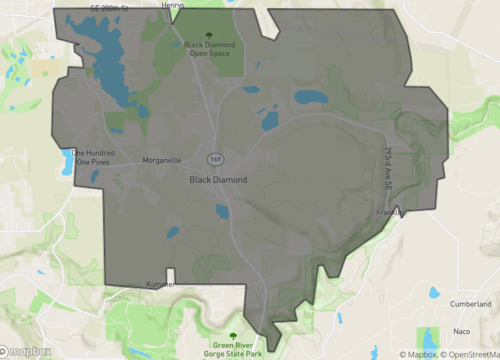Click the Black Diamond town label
[218, 180]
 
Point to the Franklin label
[391, 213]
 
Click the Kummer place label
[159, 285]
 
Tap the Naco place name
[461, 329]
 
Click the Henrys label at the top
[200, 5]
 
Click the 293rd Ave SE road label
[387, 166]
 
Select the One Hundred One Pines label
[88, 157]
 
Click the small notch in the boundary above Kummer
[172, 273]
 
